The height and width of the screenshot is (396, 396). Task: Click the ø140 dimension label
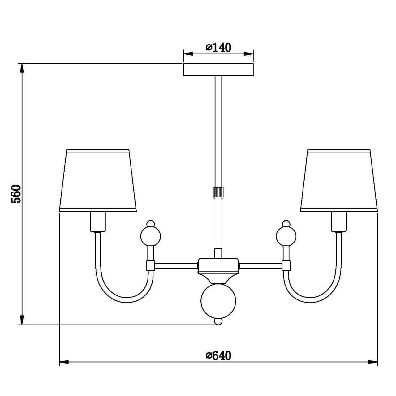218,48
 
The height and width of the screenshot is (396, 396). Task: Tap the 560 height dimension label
16,194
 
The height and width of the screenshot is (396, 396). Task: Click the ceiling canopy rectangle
218,70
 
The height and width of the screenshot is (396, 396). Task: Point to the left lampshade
98,180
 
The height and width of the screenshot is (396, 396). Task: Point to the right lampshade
339,180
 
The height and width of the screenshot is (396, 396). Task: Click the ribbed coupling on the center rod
218,192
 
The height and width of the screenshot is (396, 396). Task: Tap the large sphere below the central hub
218,302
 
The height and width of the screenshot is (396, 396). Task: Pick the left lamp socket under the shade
98,222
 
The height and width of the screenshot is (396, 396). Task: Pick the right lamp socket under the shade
339,222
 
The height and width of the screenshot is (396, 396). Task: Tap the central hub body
218,266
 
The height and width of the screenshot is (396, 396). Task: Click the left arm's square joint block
151,266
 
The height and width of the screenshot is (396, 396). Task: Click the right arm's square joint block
286,266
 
